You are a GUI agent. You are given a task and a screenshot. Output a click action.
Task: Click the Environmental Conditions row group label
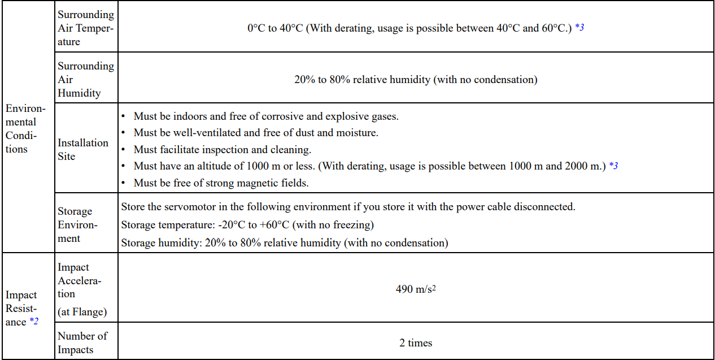[x=26, y=128]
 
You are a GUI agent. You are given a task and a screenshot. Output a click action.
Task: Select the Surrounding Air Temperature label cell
[x=85, y=28]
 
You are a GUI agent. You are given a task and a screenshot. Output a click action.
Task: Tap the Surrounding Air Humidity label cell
[x=85, y=79]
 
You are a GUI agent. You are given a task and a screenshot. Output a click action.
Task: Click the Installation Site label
[x=82, y=149]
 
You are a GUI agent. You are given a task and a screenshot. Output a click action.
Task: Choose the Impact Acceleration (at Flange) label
[x=82, y=289]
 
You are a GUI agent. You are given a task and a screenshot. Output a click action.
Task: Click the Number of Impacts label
[x=82, y=342]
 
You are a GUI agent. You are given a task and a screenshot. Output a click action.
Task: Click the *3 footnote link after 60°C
[x=579, y=28]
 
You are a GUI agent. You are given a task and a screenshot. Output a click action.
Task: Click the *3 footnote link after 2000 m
[x=613, y=166]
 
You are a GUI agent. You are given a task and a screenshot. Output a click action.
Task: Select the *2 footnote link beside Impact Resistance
[x=34, y=322]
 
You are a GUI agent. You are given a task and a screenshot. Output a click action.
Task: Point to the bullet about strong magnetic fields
[x=221, y=183]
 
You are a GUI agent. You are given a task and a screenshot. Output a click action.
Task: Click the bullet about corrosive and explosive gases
[x=265, y=116]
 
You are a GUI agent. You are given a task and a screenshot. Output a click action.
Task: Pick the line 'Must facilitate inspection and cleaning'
[x=222, y=150]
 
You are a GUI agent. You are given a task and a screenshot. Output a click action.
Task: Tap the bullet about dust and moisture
[x=255, y=133]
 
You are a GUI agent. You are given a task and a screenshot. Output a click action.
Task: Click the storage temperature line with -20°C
[x=247, y=225]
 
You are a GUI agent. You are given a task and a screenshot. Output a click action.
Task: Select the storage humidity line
[x=284, y=243]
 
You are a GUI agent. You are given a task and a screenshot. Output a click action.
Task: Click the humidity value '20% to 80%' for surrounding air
[x=415, y=80]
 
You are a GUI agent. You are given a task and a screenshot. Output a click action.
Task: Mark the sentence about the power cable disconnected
[x=348, y=207]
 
